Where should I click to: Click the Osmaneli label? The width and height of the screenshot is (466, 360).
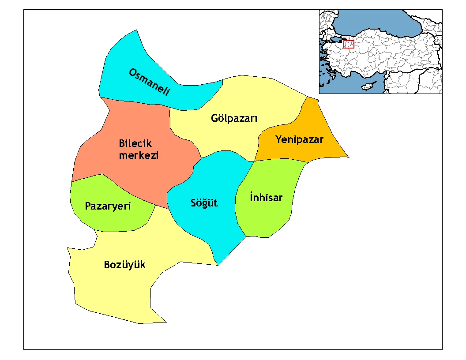(149, 82)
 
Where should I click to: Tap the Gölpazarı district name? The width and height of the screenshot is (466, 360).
(234, 119)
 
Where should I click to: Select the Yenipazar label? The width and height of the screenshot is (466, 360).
(299, 140)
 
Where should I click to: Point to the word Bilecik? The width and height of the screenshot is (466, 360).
(135, 143)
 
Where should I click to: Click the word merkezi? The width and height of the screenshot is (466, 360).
(139, 155)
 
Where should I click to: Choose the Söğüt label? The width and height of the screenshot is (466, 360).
(204, 203)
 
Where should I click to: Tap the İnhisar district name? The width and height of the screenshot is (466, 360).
(266, 197)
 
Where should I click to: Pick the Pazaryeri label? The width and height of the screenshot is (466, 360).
(108, 206)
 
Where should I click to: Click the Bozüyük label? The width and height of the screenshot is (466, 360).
(124, 265)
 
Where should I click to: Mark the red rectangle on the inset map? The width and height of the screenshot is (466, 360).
(349, 44)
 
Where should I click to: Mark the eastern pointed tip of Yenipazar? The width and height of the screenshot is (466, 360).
(349, 157)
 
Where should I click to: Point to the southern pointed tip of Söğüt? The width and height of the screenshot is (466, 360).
(218, 265)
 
